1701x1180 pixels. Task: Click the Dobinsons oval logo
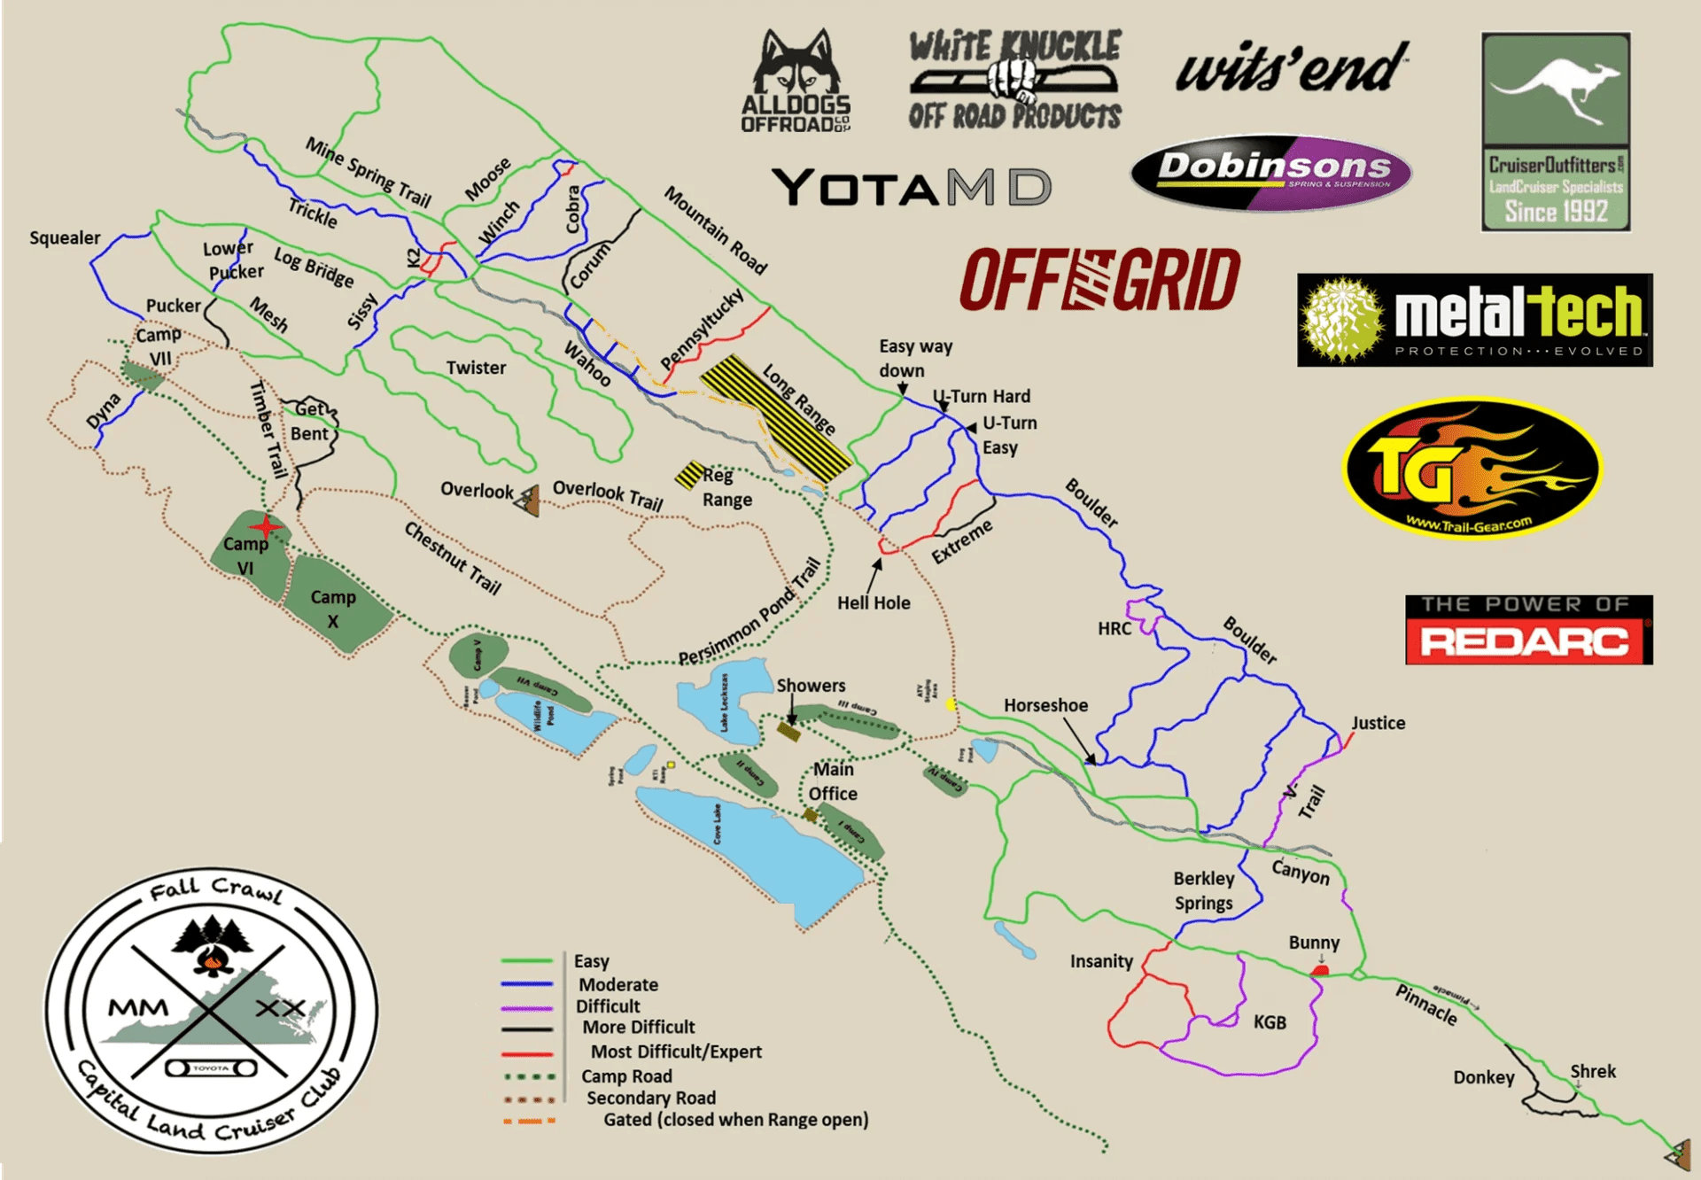click(1271, 173)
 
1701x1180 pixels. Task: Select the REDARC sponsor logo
click(1528, 630)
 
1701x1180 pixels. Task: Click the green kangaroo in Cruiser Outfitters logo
click(1556, 89)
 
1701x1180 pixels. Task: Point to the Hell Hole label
click(874, 603)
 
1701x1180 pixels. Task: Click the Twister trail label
click(476, 368)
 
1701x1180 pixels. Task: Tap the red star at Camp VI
click(265, 528)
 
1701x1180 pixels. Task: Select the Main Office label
click(833, 781)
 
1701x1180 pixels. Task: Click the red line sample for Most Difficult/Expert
click(527, 1054)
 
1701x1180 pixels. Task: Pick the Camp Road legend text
click(626, 1076)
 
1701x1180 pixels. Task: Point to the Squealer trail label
click(65, 238)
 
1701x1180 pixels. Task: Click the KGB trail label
click(1270, 1022)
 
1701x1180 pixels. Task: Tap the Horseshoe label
click(1045, 706)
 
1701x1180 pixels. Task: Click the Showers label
click(811, 686)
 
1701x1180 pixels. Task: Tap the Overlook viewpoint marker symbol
click(529, 501)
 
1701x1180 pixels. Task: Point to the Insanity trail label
click(1101, 961)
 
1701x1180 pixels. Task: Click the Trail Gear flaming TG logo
click(1472, 468)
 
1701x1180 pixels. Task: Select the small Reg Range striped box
click(689, 475)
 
